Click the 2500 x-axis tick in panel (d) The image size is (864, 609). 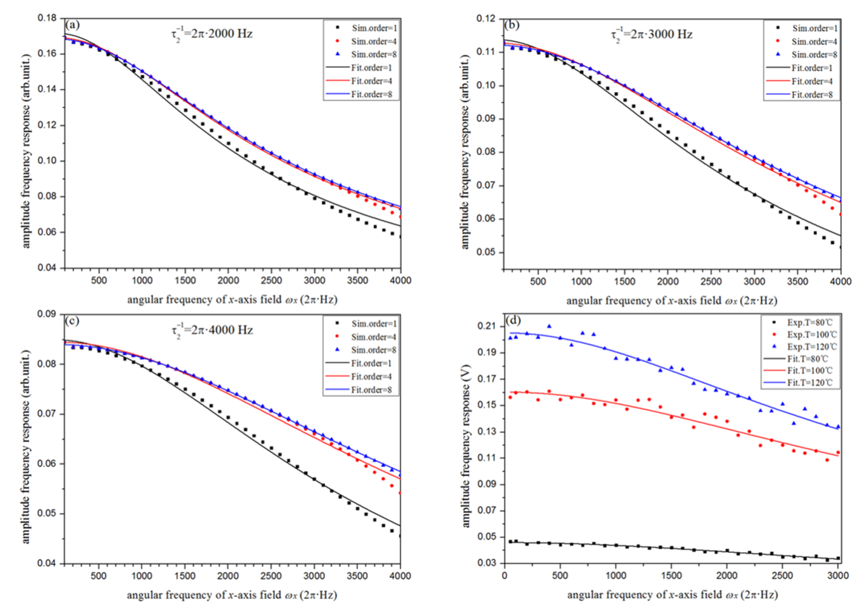coord(783,576)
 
